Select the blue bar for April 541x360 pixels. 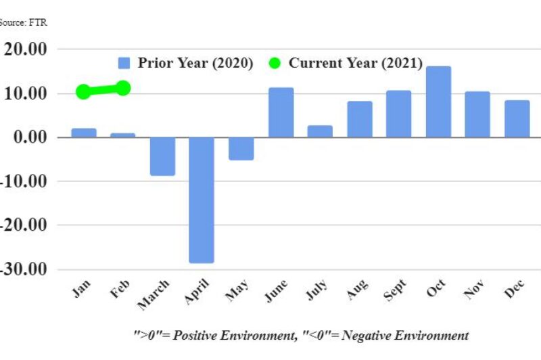point(202,200)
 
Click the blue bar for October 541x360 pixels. point(438,102)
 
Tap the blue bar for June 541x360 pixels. point(281,112)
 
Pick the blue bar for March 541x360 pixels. point(162,156)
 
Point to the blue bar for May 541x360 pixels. point(241,148)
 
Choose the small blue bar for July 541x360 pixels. point(320,131)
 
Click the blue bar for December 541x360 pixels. point(517,118)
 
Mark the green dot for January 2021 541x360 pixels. point(83,92)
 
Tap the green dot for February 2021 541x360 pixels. point(123,88)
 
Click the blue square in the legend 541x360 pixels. point(124,63)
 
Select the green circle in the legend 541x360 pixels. point(275,63)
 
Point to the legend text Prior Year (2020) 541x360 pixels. point(195,63)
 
